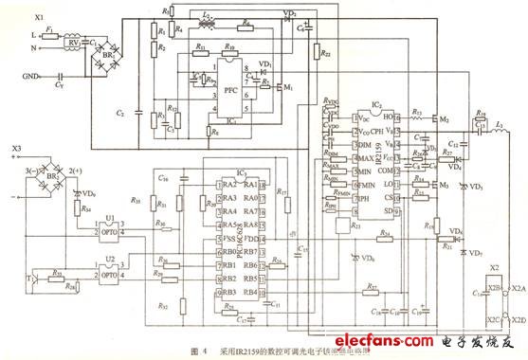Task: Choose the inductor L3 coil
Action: [493, 128]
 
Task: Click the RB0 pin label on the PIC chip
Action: [202, 252]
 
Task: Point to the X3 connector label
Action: [14, 149]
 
